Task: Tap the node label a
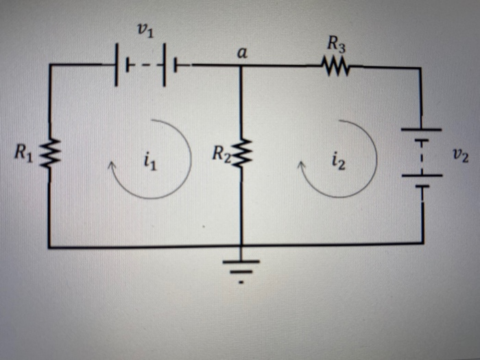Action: pyautogui.click(x=241, y=53)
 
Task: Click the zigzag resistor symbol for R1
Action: pyautogui.click(x=49, y=154)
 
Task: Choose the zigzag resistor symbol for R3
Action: pyautogui.click(x=335, y=67)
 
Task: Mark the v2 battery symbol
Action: pyautogui.click(x=421, y=157)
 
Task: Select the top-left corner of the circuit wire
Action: pyautogui.click(x=49, y=66)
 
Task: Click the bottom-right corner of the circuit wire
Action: pyautogui.click(x=422, y=243)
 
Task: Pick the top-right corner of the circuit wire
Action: pyautogui.click(x=421, y=68)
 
